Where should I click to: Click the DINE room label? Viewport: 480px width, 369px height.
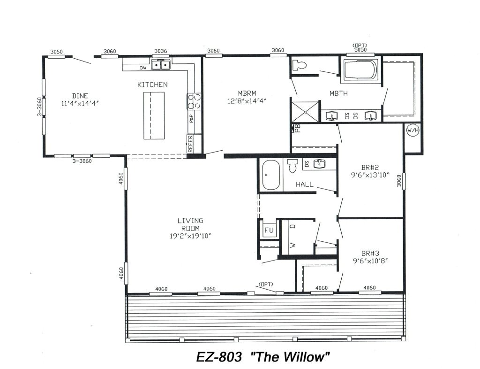click(80, 96)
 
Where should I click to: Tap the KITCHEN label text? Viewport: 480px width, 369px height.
click(152, 85)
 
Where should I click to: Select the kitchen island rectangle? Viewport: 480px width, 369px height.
click(154, 115)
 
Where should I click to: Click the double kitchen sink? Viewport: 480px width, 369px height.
click(160, 66)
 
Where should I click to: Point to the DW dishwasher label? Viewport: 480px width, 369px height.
click(143, 68)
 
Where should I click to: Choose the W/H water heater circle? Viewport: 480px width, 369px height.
click(412, 130)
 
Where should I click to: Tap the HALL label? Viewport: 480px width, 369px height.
click(304, 185)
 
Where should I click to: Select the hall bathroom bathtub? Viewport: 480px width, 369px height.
click(270, 175)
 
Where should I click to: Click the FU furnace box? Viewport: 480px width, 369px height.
click(269, 230)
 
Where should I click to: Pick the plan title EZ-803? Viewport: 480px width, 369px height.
click(218, 357)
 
